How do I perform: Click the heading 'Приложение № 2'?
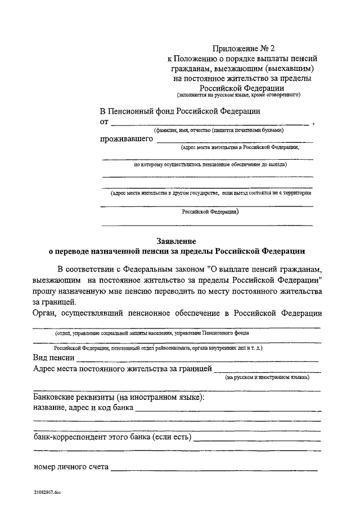pos(242,49)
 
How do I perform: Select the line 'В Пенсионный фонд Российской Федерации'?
pos(180,111)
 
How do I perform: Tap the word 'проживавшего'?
pos(127,138)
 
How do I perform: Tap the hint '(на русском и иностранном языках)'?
pos(267,378)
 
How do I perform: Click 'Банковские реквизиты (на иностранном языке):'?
pos(119,398)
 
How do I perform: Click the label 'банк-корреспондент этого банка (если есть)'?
pos(112,437)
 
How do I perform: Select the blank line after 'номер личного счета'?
pos(214,468)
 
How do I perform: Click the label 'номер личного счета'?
pos(71,467)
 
